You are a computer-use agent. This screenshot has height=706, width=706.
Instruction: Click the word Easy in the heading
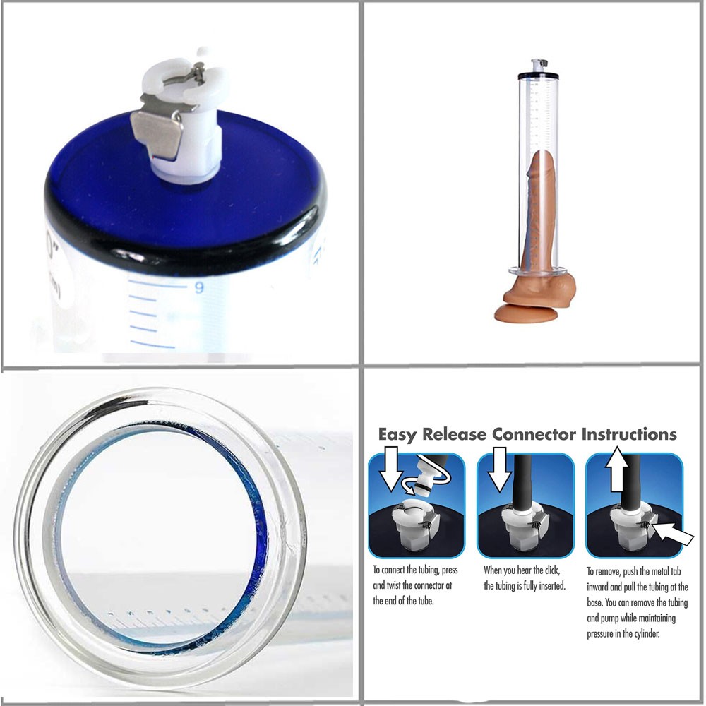397,435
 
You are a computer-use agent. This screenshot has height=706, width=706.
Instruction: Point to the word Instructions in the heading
629,434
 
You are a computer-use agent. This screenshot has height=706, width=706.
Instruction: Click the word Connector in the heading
534,434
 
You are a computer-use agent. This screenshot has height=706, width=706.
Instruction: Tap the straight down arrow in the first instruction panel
390,468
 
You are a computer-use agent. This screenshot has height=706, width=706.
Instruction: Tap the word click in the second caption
551,570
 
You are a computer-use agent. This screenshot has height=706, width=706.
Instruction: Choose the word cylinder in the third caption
645,634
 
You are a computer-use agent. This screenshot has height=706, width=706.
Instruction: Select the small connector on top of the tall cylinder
537,65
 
